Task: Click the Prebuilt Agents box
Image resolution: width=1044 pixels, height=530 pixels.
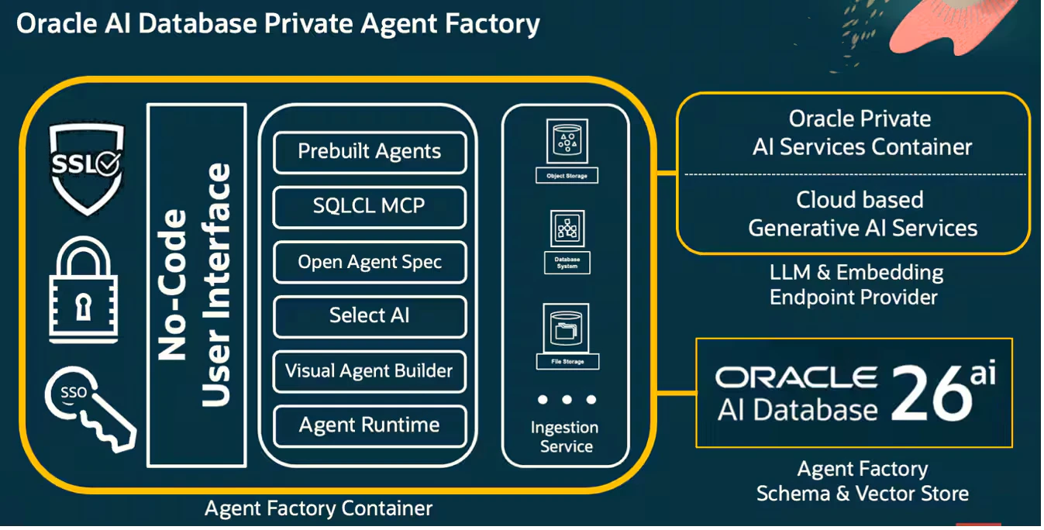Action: point(370,153)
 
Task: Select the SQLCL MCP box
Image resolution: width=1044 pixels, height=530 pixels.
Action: point(370,207)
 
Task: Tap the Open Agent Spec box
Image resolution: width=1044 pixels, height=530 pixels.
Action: point(370,262)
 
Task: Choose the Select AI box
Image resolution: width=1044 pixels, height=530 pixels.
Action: point(370,316)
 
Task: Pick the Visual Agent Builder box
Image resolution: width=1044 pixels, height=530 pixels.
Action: point(370,371)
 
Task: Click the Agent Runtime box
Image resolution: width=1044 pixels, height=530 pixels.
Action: point(370,426)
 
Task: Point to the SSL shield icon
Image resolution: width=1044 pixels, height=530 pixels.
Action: point(87,169)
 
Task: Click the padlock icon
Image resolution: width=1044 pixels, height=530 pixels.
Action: point(84,290)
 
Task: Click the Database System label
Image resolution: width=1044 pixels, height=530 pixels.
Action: point(567,263)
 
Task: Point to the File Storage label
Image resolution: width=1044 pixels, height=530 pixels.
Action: point(567,362)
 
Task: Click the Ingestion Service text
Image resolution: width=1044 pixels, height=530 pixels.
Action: point(565,437)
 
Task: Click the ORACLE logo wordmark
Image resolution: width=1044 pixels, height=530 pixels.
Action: point(796,377)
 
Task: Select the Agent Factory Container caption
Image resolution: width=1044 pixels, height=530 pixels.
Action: point(319,508)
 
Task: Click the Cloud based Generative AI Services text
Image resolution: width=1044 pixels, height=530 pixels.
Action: point(862,214)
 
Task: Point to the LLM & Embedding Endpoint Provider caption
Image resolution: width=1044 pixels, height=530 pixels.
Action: point(856,285)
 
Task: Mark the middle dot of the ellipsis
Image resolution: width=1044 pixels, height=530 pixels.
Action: point(567,400)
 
